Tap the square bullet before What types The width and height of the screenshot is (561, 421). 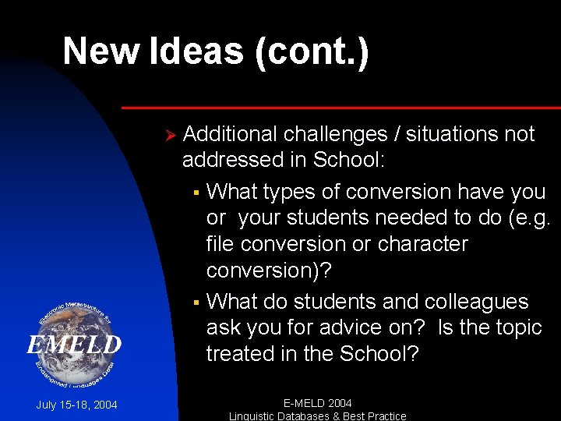[196, 193]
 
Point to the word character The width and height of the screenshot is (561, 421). [422, 244]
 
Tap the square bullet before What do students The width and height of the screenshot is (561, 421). [196, 302]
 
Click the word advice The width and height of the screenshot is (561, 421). [345, 327]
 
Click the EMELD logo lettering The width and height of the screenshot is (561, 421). [75, 344]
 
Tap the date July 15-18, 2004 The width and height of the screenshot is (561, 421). [76, 405]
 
